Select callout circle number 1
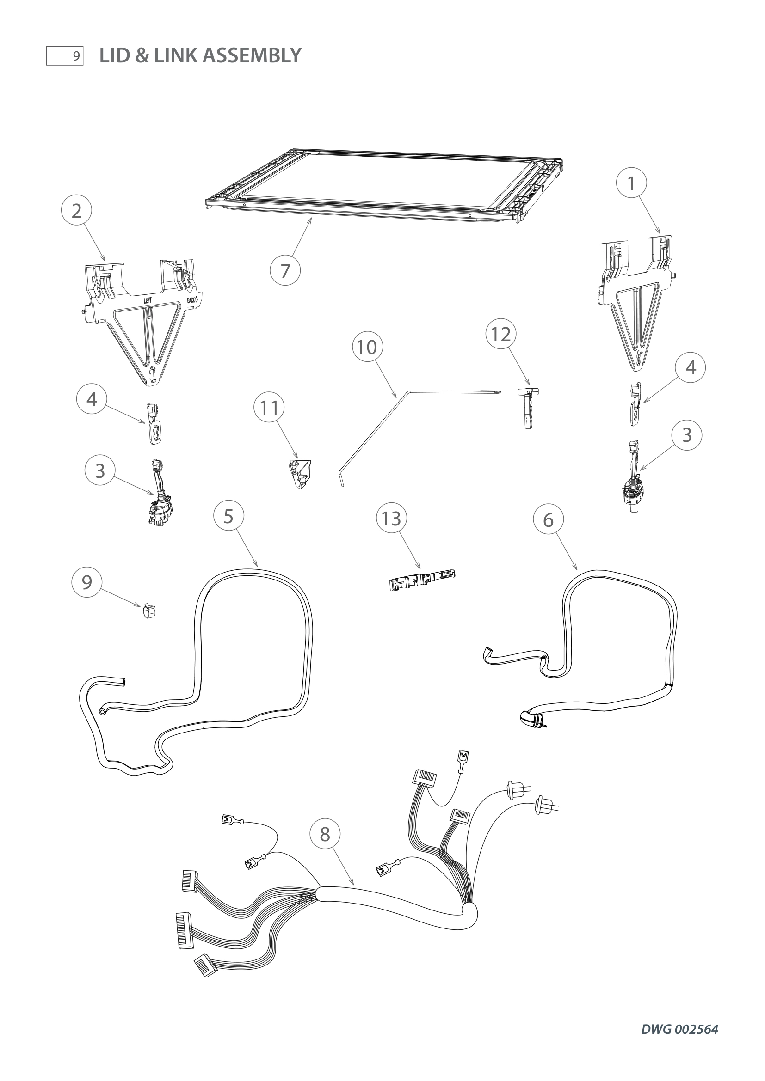click(631, 183)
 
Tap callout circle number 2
click(77, 210)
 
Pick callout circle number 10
click(367, 348)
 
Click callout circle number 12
click(501, 334)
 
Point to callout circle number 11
click(270, 408)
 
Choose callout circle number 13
click(391, 519)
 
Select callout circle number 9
click(86, 582)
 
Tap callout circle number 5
click(228, 516)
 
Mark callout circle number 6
click(549, 520)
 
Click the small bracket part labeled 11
click(300, 474)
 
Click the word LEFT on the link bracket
click(148, 300)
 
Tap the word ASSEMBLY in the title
click(252, 55)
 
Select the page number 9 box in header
click(65, 56)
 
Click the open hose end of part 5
click(123, 681)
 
